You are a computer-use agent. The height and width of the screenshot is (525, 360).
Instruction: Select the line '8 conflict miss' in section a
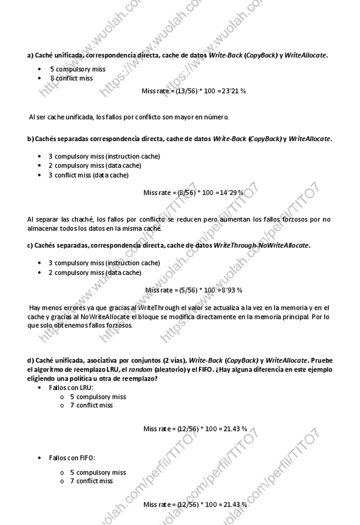[x=72, y=79]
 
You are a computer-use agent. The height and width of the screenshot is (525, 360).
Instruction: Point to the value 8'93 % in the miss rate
[x=231, y=290]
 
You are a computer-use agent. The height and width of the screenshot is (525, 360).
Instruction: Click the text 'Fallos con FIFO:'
[x=72, y=458]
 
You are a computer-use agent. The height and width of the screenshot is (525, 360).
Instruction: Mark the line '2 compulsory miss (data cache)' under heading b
[x=95, y=165]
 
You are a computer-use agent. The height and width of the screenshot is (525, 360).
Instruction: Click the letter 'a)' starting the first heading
[x=30, y=55]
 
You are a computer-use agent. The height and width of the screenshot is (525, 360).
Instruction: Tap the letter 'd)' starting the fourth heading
[x=30, y=360]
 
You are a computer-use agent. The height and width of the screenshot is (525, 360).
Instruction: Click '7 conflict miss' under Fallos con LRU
[x=91, y=406]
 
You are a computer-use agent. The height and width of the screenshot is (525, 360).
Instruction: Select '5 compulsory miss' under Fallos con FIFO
[x=97, y=472]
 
